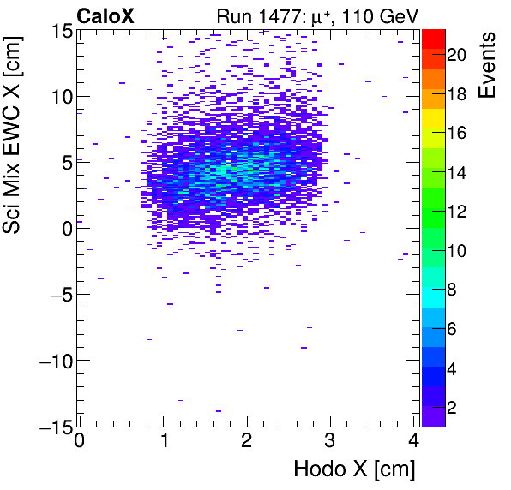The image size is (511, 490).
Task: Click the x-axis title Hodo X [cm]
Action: coord(354,469)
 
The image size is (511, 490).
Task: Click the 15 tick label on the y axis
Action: coord(59,31)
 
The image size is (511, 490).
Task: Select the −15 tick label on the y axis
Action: coord(53,427)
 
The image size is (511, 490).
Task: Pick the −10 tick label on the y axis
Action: coord(53,361)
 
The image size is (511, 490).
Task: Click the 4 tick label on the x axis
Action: coord(414,442)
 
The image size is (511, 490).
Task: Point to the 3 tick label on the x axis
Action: coord(330,442)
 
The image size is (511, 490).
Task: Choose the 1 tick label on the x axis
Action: coord(163,442)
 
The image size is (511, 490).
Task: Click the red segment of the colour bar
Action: coord(433,37)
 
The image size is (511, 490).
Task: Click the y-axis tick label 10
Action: coord(59,97)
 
